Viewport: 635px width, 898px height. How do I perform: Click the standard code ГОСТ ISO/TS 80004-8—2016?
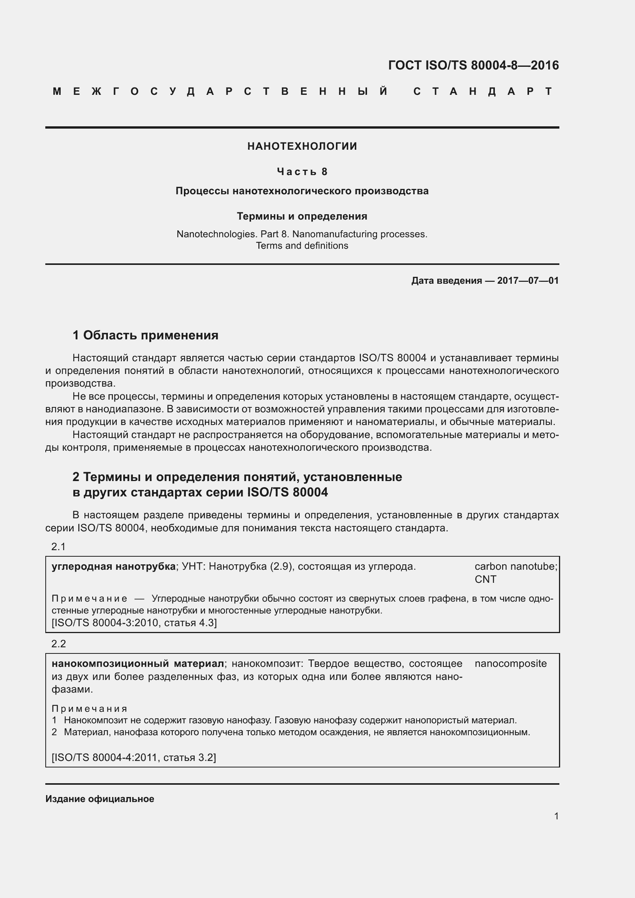click(x=473, y=65)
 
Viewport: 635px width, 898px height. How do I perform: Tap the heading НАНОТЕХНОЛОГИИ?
click(x=302, y=146)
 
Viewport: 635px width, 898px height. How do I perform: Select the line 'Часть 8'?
click(x=302, y=171)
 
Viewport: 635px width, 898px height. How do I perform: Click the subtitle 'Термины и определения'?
click(x=302, y=216)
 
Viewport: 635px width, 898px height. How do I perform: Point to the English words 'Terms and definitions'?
click(x=302, y=246)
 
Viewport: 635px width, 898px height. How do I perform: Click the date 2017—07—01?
click(x=528, y=280)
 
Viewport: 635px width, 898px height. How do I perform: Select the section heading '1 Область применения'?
click(x=146, y=335)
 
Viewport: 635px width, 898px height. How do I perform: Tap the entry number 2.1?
click(x=58, y=547)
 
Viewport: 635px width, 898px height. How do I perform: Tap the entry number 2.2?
click(x=58, y=644)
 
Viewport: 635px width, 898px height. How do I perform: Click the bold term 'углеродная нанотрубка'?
click(x=113, y=566)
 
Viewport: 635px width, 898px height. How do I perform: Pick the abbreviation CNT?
click(x=485, y=579)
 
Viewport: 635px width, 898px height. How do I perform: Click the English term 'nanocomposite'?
click(x=510, y=663)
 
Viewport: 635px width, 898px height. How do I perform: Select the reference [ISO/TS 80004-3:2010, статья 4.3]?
click(x=134, y=622)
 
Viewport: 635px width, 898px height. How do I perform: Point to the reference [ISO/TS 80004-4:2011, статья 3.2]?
click(x=134, y=757)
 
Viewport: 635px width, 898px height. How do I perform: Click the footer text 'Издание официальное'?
click(x=100, y=799)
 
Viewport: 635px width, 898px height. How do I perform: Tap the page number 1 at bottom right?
click(x=556, y=816)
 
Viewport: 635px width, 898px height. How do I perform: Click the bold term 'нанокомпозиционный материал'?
click(x=138, y=663)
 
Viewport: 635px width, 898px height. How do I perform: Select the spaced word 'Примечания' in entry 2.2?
click(x=89, y=709)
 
